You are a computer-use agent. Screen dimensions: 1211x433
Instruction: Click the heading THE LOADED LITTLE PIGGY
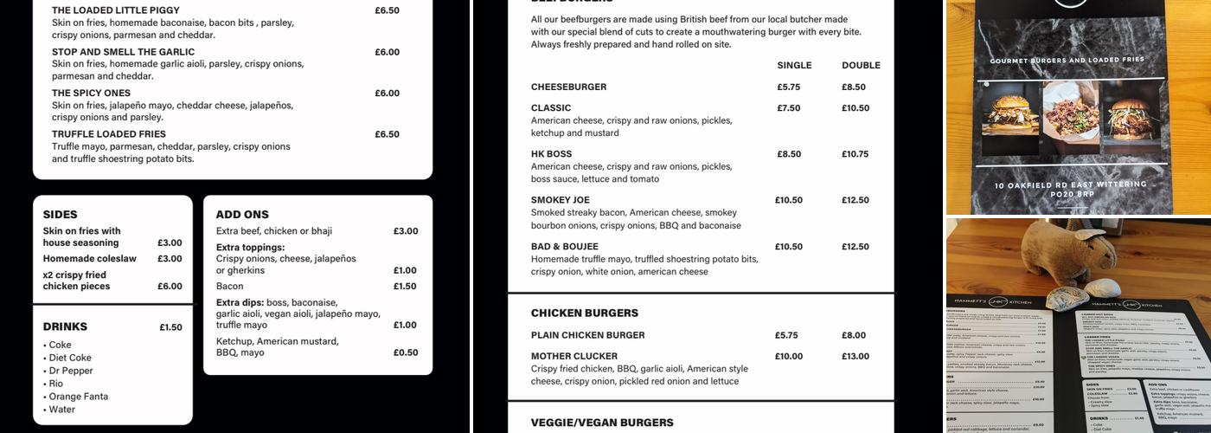116,10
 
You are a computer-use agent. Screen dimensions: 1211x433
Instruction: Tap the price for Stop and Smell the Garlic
387,52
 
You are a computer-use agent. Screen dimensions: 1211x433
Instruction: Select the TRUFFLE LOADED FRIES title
109,134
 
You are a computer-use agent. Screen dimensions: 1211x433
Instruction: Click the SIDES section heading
61,214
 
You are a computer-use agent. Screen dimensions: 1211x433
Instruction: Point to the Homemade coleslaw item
90,258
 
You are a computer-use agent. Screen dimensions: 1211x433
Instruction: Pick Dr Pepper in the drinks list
71,371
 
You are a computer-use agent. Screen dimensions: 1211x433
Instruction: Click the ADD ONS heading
242,214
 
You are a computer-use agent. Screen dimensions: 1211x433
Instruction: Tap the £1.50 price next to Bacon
405,286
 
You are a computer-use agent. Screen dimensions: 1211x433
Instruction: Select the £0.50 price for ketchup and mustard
405,352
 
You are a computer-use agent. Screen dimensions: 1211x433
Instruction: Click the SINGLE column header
794,65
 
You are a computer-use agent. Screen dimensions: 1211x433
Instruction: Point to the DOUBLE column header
861,65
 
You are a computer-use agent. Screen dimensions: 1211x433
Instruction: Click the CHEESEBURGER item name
568,87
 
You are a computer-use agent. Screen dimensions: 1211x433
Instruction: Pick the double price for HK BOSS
855,154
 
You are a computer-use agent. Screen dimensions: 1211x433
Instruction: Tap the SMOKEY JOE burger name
561,200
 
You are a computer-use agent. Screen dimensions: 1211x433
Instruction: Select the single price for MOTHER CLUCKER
789,356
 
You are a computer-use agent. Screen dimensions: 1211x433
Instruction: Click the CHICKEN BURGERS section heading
585,313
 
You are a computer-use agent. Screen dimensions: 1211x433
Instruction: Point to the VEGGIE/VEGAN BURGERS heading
602,423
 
